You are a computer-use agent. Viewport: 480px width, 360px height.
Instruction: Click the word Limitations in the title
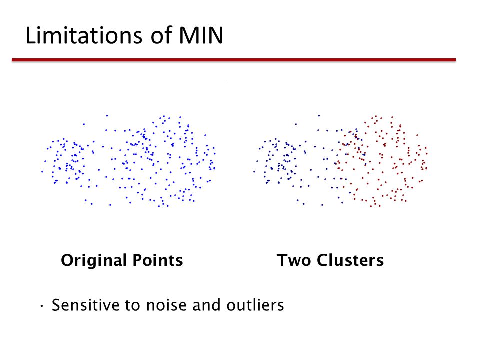point(84,35)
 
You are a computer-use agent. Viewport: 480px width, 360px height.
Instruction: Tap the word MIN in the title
point(201,36)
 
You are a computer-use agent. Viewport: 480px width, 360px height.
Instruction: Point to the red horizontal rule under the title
point(234,60)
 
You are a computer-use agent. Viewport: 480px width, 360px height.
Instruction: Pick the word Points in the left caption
point(158,260)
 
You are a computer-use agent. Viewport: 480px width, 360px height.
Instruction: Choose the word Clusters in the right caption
point(350,260)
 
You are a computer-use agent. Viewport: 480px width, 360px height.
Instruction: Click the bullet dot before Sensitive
point(42,306)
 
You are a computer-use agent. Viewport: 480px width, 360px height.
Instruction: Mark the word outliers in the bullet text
point(255,305)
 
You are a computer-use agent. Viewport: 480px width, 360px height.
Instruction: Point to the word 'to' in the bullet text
point(133,306)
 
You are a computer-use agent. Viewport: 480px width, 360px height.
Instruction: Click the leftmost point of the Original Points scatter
point(42,171)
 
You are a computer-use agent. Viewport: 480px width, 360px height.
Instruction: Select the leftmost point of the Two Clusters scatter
point(254,171)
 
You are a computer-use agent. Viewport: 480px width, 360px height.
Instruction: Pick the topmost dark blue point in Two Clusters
point(319,115)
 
